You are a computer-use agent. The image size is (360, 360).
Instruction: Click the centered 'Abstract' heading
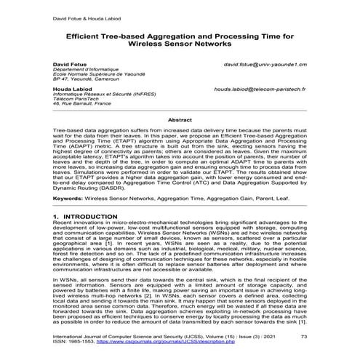[x=180, y=119]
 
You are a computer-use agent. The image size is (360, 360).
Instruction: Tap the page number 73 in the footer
[x=303, y=337]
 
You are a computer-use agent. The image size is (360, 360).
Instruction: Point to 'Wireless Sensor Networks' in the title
[x=180, y=43]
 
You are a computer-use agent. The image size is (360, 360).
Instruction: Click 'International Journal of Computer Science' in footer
[x=109, y=337]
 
